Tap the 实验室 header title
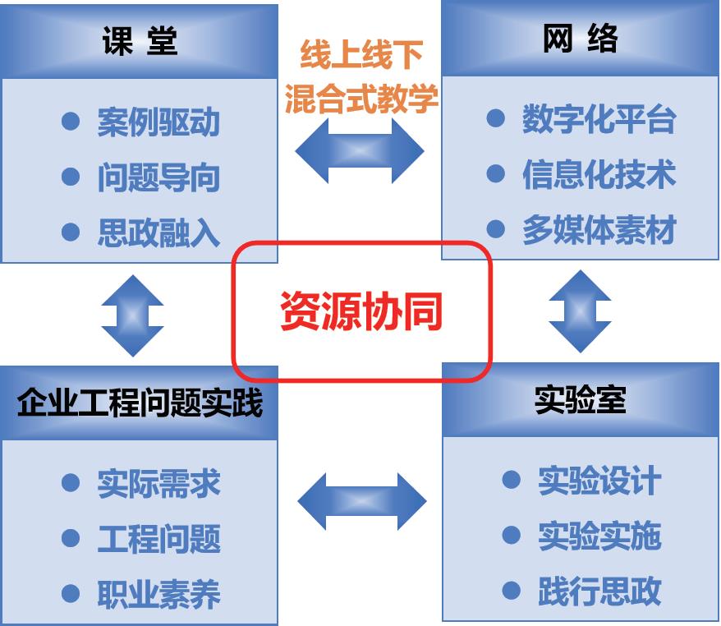point(580,400)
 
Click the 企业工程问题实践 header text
point(140,403)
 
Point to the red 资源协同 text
point(361,311)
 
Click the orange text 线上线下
point(361,56)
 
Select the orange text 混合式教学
point(361,99)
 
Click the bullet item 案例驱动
point(158,122)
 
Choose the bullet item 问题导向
point(158,178)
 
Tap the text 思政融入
point(158,233)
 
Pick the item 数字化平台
point(599,120)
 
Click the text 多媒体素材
point(599,230)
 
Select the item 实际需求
point(158,483)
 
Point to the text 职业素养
point(158,595)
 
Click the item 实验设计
point(599,481)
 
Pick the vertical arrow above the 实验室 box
point(580,311)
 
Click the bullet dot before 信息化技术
point(495,174)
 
